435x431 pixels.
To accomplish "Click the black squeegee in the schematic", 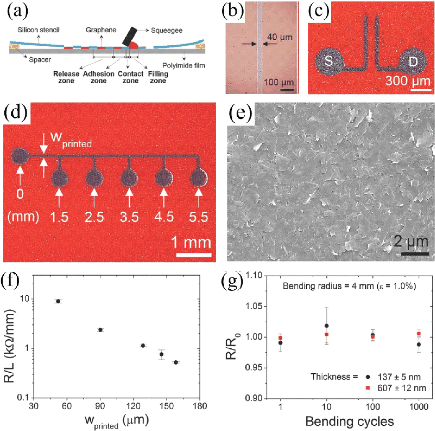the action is pos(130,36).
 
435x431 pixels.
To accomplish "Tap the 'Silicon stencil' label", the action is pos(39,30).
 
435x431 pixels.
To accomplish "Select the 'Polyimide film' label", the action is pos(184,66).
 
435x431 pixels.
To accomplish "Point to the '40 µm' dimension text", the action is pos(280,37).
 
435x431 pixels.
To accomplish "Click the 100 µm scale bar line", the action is pos(287,90).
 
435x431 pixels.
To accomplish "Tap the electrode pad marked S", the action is pos(329,62).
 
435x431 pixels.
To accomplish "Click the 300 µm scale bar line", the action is pos(421,90).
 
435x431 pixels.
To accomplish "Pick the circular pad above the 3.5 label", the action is pos(129,179).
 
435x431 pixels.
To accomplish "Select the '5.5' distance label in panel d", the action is pos(198,217).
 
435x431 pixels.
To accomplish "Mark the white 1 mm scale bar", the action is pos(194,255).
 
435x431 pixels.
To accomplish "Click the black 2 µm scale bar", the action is pos(415,254).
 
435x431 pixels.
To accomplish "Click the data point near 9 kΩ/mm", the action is pos(58,301).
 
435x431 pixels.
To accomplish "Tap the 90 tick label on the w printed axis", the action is pos(100,406).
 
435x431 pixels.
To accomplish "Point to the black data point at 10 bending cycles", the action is pos(327,326).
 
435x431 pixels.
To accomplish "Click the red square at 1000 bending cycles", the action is pos(419,334).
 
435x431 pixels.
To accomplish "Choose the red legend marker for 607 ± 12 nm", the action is pos(368,388).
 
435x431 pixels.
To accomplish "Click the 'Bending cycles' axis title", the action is pos(350,421).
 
